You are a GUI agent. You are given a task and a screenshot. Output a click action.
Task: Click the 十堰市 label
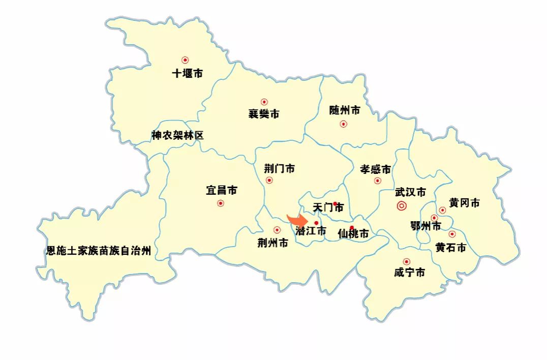point(187,74)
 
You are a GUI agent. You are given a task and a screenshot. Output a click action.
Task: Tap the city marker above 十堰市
point(185,60)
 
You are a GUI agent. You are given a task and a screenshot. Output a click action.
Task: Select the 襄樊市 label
point(263,114)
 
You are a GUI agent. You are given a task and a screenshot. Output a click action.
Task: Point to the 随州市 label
point(345,110)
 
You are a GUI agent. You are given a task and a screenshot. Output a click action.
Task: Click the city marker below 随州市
point(344,124)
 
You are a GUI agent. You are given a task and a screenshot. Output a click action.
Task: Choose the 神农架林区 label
point(177,136)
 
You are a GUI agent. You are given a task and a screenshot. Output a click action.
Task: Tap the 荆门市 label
point(279,168)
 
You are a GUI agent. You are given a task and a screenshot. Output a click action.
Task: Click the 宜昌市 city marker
point(220,203)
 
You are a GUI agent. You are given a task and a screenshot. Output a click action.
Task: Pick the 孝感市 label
point(375,169)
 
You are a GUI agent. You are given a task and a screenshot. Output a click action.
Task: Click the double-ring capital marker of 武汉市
point(402,206)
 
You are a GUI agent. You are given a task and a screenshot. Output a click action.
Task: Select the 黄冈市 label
point(464,203)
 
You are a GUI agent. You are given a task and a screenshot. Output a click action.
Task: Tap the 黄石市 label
point(450,248)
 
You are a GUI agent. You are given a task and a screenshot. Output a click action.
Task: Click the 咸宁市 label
point(409,273)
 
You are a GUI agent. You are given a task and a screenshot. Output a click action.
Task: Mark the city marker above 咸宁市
point(406,261)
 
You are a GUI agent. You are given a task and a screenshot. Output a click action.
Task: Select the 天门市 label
point(328,208)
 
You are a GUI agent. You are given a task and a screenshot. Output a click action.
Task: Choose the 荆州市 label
point(273,244)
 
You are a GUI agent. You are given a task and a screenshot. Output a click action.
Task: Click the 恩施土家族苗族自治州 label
point(99,251)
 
